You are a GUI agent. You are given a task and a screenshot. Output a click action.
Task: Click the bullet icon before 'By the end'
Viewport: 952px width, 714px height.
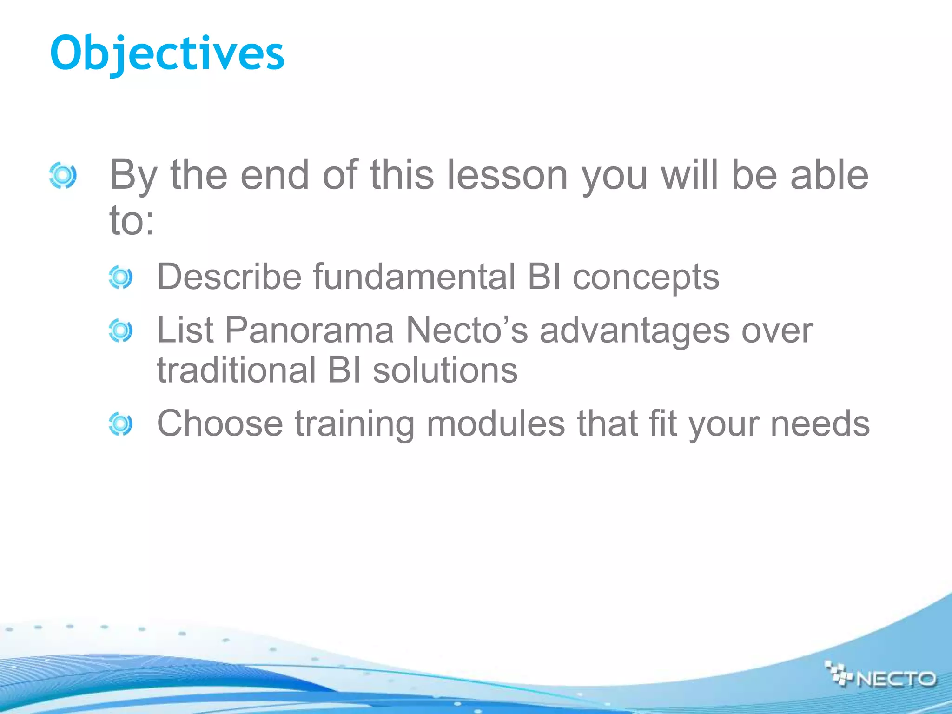point(63,175)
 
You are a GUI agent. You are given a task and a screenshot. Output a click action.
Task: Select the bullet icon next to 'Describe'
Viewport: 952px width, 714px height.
point(120,278)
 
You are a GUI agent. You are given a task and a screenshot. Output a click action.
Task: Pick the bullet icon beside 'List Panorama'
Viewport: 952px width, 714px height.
point(120,331)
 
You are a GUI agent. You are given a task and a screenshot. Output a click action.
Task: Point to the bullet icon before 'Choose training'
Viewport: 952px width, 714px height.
point(120,424)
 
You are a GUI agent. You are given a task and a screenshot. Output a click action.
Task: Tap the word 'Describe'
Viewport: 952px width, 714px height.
point(230,277)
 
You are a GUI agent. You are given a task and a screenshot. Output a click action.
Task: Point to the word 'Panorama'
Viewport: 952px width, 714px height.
point(309,331)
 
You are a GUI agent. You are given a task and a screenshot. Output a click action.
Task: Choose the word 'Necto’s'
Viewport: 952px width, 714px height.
point(467,331)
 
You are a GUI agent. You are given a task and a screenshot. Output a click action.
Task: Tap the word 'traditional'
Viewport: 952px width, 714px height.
point(237,370)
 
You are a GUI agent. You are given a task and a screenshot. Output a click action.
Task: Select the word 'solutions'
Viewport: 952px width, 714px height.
point(445,370)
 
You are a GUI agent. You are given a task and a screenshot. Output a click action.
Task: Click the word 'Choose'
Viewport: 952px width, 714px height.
point(220,423)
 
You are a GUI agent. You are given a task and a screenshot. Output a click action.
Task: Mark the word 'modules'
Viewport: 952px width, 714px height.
point(496,423)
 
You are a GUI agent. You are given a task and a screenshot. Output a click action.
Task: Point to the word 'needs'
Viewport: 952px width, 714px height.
point(820,423)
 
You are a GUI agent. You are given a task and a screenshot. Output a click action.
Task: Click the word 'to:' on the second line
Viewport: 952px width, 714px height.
point(132,220)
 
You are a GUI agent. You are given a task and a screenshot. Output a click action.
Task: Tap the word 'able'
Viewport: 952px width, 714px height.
point(829,175)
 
